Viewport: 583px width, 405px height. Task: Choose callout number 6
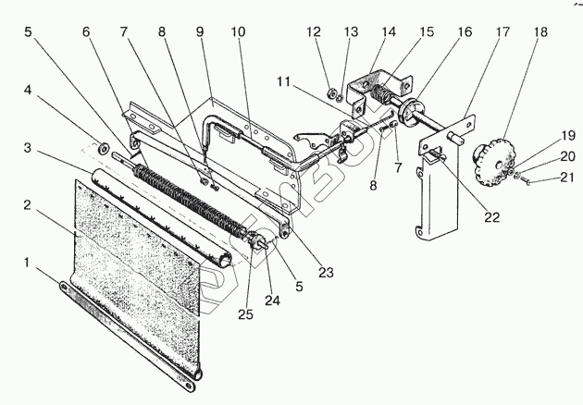coord(86,32)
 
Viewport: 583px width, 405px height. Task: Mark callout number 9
coord(201,31)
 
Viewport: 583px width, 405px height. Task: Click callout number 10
coord(238,31)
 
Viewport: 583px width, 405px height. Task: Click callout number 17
coord(502,31)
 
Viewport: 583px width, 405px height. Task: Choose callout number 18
coord(540,31)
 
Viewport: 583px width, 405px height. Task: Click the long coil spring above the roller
coord(194,194)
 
